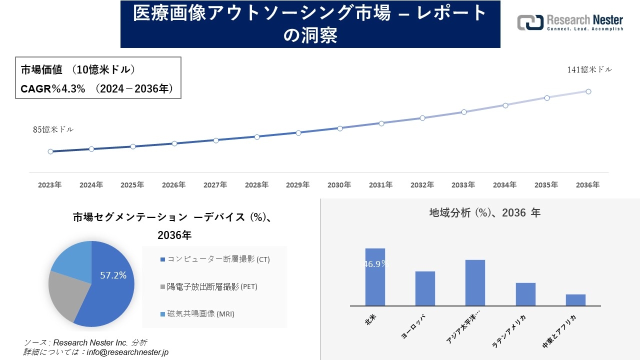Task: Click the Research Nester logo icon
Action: (530, 22)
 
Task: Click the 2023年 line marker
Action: (50, 151)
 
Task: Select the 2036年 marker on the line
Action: (588, 91)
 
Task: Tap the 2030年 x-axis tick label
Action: (339, 185)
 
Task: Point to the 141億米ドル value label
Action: (589, 70)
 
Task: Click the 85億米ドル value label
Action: (53, 129)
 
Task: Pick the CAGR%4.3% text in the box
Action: (53, 89)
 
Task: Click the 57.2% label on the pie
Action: (113, 275)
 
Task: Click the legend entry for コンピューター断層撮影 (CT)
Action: (215, 259)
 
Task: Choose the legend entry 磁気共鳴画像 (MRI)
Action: (197, 314)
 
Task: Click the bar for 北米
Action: (375, 277)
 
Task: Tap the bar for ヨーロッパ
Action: (425, 288)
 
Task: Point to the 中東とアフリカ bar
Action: (575, 300)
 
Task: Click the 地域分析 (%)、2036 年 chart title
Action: (484, 213)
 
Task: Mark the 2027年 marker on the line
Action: (216, 140)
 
